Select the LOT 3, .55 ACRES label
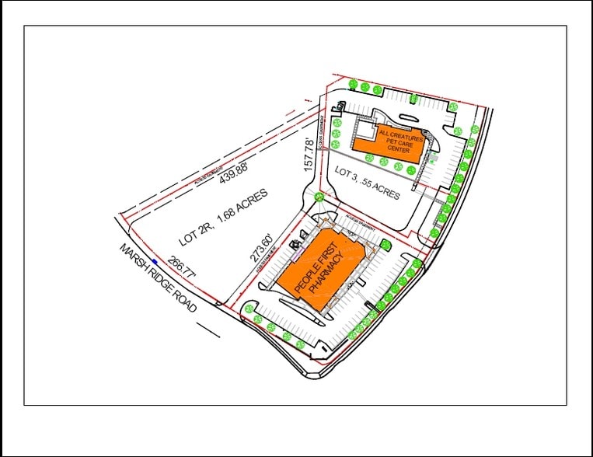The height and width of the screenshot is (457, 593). pos(368,183)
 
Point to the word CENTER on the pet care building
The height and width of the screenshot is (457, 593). pos(399,149)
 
